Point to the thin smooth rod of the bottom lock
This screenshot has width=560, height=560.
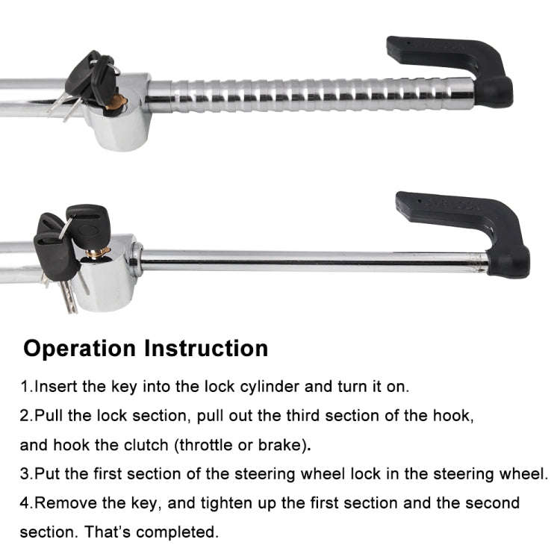pyautogui.click(x=314, y=259)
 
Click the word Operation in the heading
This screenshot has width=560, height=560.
pyautogui.click(x=80, y=348)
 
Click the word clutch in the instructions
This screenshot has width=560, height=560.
pyautogui.click(x=149, y=445)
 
